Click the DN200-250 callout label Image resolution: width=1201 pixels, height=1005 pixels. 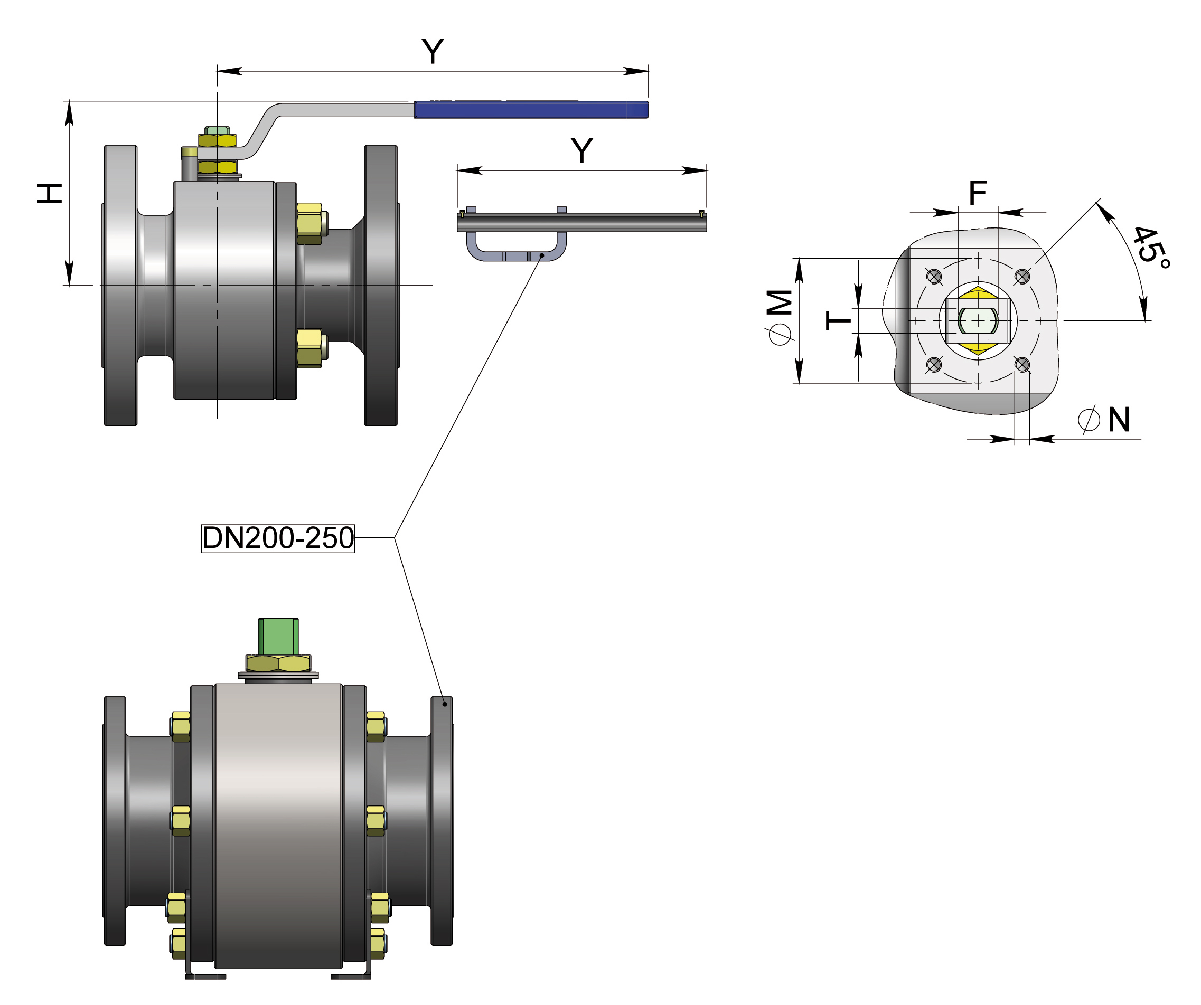[x=278, y=538]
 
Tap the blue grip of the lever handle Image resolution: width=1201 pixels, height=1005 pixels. [x=531, y=109]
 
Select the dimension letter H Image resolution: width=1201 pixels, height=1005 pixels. [x=50, y=193]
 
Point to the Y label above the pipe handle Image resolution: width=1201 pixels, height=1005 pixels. [x=581, y=151]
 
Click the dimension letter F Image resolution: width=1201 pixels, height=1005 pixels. [x=978, y=193]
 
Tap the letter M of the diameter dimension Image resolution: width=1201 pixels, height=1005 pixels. [x=780, y=302]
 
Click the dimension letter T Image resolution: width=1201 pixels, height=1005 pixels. [x=838, y=320]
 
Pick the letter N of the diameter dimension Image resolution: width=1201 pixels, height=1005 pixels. [x=1119, y=420]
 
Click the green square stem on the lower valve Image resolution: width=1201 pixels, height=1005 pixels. [x=278, y=636]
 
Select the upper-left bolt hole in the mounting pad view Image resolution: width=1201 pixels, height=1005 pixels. [x=934, y=277]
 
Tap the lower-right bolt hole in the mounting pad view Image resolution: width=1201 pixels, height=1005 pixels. [x=1021, y=364]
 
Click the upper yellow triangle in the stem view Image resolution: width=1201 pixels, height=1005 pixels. [x=978, y=293]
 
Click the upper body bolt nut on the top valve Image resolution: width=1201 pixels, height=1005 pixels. [x=309, y=223]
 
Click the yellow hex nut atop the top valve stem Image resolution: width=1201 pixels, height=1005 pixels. [x=217, y=140]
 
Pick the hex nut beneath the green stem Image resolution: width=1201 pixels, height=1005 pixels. [x=278, y=663]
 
